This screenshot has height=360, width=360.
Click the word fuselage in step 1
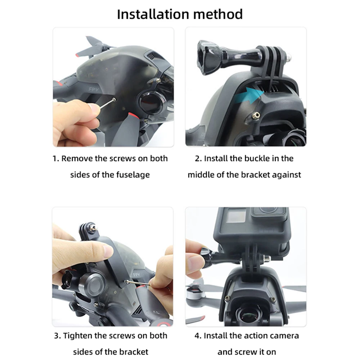coord(132,175)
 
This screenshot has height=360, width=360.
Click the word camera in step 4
coord(284,336)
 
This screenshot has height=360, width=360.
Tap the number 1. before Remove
coord(56,158)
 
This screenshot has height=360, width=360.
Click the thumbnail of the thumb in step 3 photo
coord(108,249)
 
